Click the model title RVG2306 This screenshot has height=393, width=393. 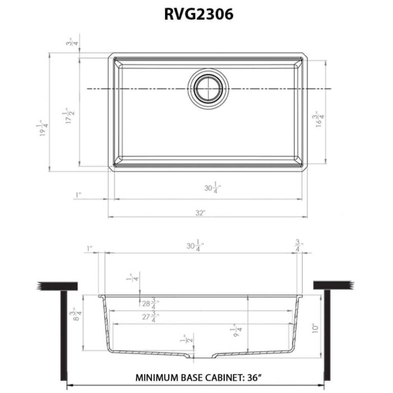coord(196,13)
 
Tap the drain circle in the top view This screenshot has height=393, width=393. coord(208,89)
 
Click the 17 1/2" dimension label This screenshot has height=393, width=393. coord(69,116)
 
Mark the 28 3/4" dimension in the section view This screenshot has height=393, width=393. coord(150,304)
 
